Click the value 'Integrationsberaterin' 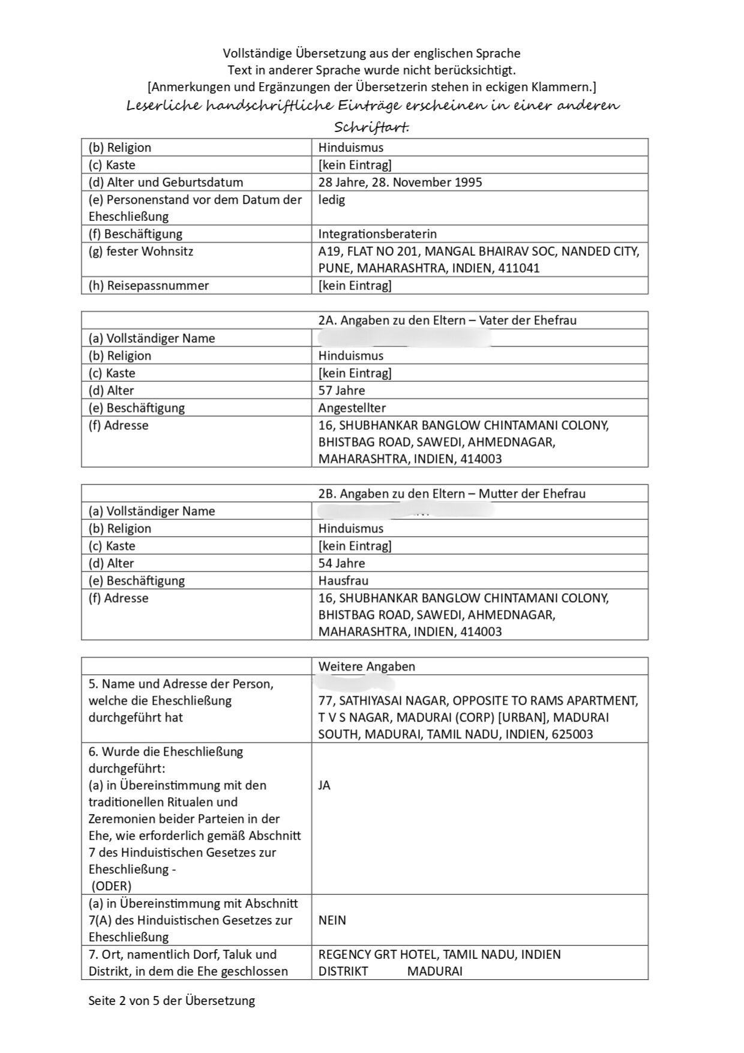(x=377, y=234)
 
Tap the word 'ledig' (x=332, y=199)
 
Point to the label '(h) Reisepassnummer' (x=149, y=285)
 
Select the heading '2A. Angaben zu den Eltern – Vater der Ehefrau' (x=447, y=320)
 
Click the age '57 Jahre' (x=341, y=390)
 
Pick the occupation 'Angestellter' (x=352, y=408)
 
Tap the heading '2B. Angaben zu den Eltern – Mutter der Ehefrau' (x=452, y=493)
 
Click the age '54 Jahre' (x=341, y=563)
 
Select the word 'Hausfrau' (x=343, y=581)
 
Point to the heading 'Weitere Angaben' (x=367, y=666)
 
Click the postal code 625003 (x=572, y=734)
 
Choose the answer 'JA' (x=325, y=785)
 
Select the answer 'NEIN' (x=332, y=920)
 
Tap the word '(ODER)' (x=112, y=886)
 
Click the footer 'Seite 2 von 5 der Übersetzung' (x=172, y=1001)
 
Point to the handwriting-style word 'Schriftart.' (x=371, y=127)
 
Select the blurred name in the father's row (x=404, y=338)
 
